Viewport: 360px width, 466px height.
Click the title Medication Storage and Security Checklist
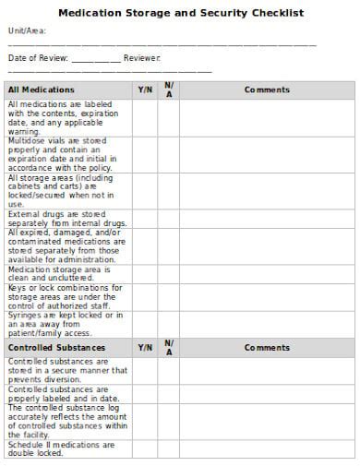pos(181,14)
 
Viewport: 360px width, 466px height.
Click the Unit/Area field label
pos(27,31)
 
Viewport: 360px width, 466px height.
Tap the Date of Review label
pos(37,58)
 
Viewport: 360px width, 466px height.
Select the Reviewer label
pos(142,58)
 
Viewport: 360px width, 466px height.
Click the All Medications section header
pos(42,90)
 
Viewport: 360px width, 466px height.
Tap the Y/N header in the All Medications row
pos(145,90)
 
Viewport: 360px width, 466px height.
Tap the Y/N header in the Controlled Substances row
pos(145,348)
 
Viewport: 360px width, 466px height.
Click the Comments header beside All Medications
pos(267,90)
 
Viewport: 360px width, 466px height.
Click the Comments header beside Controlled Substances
pos(267,348)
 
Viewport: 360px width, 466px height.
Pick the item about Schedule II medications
pos(62,448)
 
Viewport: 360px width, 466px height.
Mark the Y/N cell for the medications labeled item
pos(145,117)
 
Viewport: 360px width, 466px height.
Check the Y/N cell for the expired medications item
pos(145,246)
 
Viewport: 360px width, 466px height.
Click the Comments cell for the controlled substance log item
pos(267,422)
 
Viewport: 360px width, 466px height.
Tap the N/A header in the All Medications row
pos(169,90)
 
